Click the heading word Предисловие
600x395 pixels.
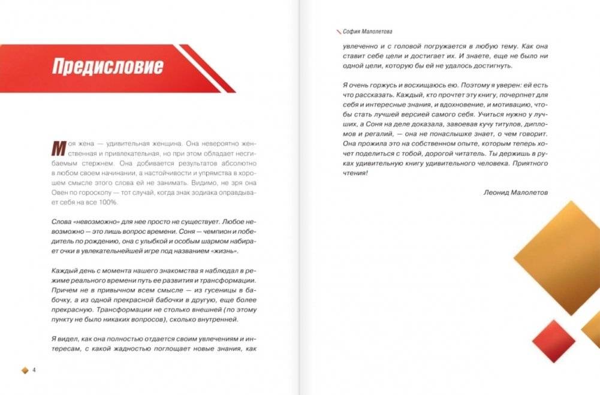(107, 66)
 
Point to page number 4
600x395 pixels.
(34, 370)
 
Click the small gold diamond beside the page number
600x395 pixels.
(25, 370)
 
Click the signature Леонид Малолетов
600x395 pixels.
(515, 192)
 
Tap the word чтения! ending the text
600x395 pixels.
(356, 173)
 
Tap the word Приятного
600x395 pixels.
(530, 162)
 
